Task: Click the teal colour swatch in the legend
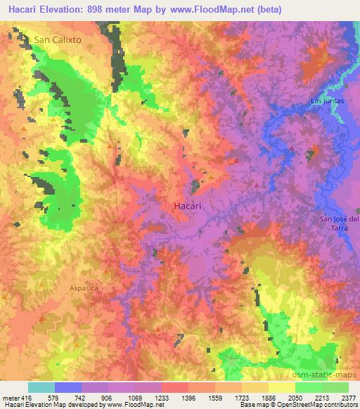pos(41,387)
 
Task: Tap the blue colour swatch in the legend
pos(68,387)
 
